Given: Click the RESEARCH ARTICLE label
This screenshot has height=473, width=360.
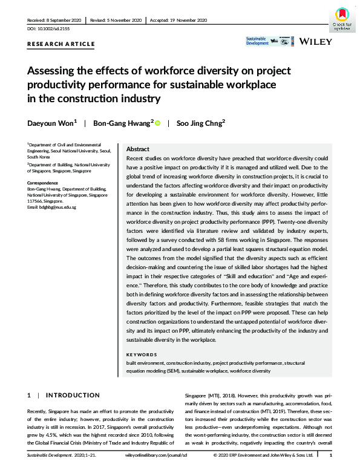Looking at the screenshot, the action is pos(61,44).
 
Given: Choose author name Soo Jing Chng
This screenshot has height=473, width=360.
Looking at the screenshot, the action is pos(198,123).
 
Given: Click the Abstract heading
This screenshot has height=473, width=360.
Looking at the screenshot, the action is pos(137,149).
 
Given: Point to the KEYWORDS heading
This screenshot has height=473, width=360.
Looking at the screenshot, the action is pos(142,354).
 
